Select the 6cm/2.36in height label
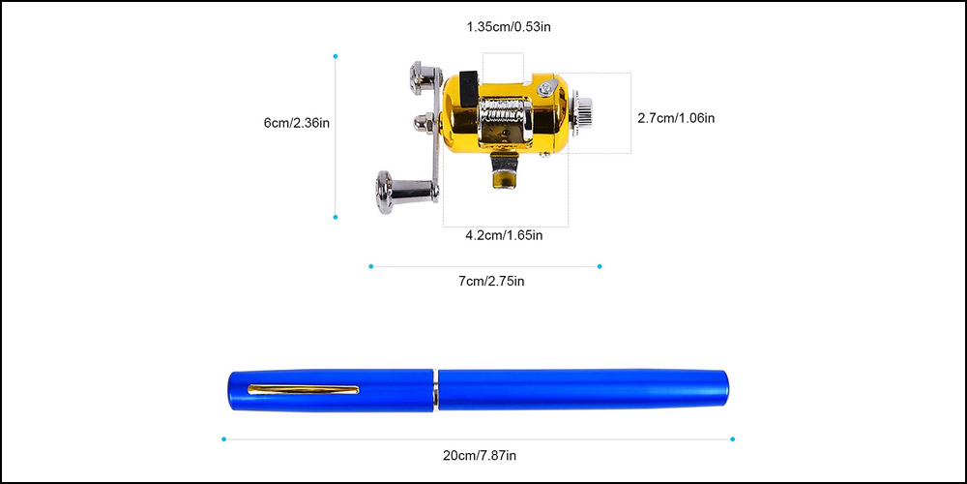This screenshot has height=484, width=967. [x=297, y=123]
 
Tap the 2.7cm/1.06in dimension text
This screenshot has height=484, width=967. [x=676, y=118]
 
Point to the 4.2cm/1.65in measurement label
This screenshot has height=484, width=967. [x=504, y=234]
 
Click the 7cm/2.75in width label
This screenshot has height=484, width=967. [x=491, y=281]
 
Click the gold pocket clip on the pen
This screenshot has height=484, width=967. [x=304, y=390]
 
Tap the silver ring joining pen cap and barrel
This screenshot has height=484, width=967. [x=436, y=389]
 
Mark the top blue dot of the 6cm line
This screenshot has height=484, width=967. [x=336, y=56]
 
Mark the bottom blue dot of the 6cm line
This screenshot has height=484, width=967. [x=336, y=217]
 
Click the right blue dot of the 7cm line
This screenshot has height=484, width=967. [x=600, y=266]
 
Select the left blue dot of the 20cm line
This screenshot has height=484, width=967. [x=223, y=439]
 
